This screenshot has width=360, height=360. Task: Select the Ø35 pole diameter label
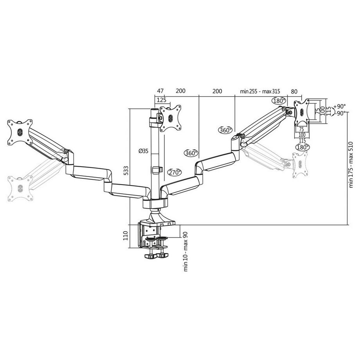[x=144, y=151]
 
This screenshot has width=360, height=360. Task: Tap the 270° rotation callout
[x=175, y=172]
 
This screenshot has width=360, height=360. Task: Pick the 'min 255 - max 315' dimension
[x=261, y=91]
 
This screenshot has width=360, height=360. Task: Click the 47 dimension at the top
[x=160, y=91]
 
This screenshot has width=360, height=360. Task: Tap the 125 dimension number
[x=160, y=100]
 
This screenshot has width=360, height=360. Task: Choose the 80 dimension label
[x=294, y=91]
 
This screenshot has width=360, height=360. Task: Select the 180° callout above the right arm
[x=279, y=101]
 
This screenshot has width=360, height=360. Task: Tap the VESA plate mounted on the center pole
[x=171, y=117]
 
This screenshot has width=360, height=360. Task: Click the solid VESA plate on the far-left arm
[x=19, y=132]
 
